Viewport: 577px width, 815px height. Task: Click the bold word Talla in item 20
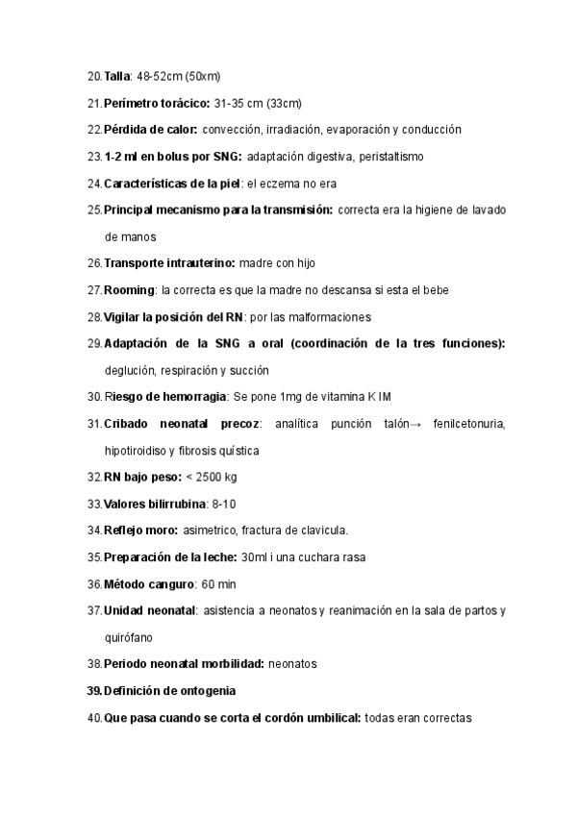116,75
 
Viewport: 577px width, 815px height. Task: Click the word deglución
129,370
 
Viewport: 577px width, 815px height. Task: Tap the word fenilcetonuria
470,424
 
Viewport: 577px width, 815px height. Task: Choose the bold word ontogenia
202,690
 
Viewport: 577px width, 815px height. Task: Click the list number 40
93,717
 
